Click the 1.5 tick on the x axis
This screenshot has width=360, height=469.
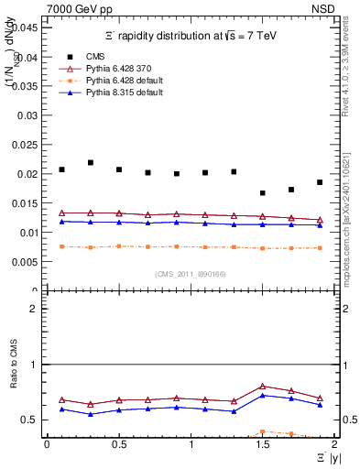[263, 443]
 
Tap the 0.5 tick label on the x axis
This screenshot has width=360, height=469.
[119, 443]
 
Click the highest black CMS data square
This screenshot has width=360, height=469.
[91, 162]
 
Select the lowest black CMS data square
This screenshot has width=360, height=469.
[263, 193]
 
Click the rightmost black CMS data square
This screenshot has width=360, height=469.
[320, 182]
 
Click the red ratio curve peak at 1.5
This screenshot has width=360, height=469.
[263, 386]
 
